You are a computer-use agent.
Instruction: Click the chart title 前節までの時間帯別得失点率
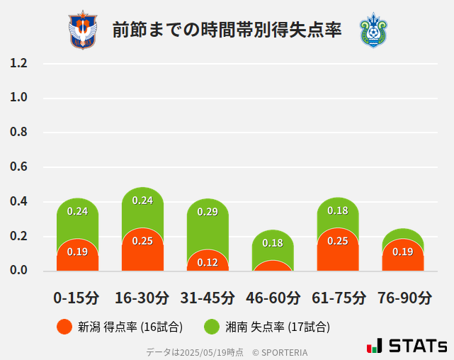pyautogui.click(x=227, y=30)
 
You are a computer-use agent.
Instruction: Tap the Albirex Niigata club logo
pyautogui.click(x=83, y=30)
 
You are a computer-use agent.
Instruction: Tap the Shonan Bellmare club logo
pyautogui.click(x=373, y=30)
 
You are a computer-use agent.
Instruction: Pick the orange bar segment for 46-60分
pyautogui.click(x=273, y=266)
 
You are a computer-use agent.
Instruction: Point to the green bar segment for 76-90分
pyautogui.click(x=403, y=235)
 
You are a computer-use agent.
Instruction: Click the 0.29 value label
pyautogui.click(x=208, y=211)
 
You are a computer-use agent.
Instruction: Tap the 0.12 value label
pyautogui.click(x=208, y=262)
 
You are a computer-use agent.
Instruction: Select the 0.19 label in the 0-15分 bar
pyautogui.click(x=77, y=252)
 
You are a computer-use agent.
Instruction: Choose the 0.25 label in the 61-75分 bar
pyautogui.click(x=338, y=241)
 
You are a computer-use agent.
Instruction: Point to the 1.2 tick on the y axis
pyautogui.click(x=18, y=63)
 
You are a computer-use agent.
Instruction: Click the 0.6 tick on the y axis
pyautogui.click(x=18, y=167)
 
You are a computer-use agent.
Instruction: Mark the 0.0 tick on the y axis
pyautogui.click(x=18, y=271)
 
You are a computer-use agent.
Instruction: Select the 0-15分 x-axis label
pyautogui.click(x=77, y=298)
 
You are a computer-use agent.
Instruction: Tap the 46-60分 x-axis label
pyautogui.click(x=273, y=298)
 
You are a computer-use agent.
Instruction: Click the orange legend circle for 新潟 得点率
pyautogui.click(x=64, y=327)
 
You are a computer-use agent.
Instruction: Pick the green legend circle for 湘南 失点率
pyautogui.click(x=212, y=327)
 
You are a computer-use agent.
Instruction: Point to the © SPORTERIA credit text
pyautogui.click(x=280, y=351)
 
